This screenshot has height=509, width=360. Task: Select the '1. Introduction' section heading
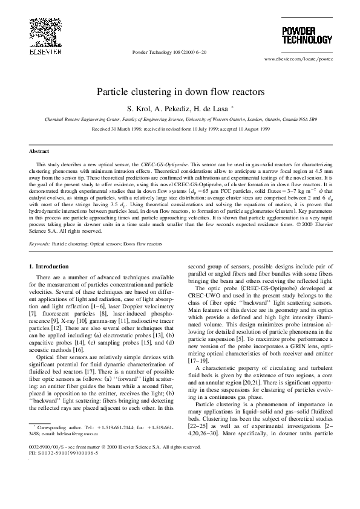click(53, 266)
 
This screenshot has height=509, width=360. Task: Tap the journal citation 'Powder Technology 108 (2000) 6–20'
click(169, 53)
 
